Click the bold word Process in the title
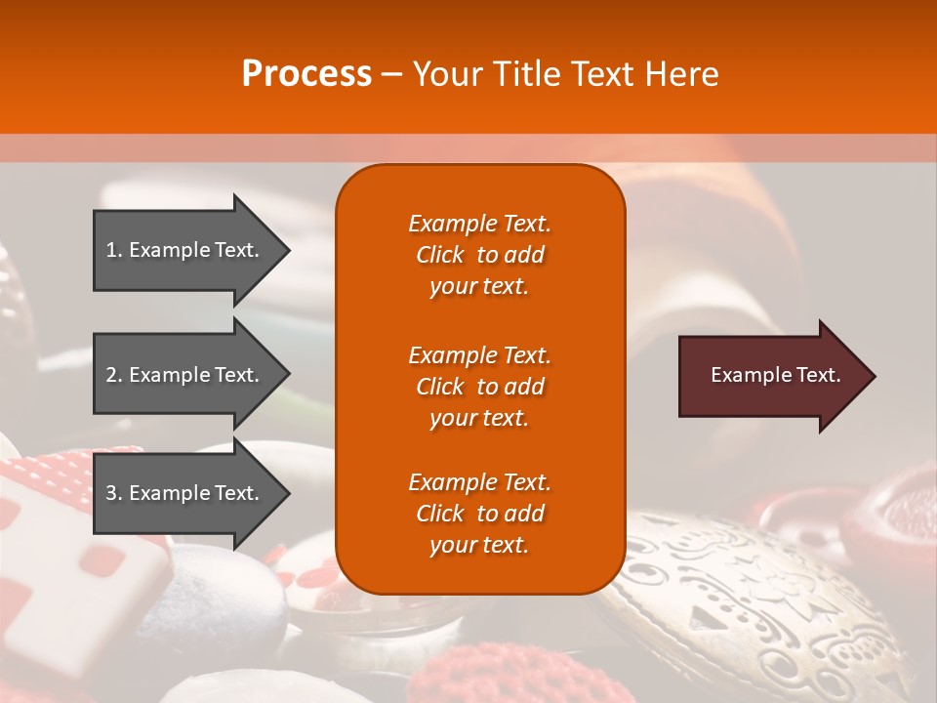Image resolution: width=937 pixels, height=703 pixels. pos(306,74)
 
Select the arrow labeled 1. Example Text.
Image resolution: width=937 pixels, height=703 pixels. pos(185,250)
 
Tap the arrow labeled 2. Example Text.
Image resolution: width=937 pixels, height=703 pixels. pos(185,375)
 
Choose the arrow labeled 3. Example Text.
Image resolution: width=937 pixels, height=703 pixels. pos(185,493)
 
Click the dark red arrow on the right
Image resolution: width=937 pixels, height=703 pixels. pos(771,376)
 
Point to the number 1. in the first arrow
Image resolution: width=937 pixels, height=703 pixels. pos(114,250)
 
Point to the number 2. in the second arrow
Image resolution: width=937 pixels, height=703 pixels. pos(114,375)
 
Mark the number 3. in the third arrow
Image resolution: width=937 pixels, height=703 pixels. pos(114,493)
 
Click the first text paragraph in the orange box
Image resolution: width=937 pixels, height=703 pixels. pos(479,255)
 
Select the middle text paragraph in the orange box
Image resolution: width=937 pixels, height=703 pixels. pos(479,387)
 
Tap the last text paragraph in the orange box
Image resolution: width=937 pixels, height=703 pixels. pos(479,514)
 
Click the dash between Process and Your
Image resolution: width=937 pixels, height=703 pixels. pos(392,74)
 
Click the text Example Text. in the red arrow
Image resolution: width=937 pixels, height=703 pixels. pos(775,375)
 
